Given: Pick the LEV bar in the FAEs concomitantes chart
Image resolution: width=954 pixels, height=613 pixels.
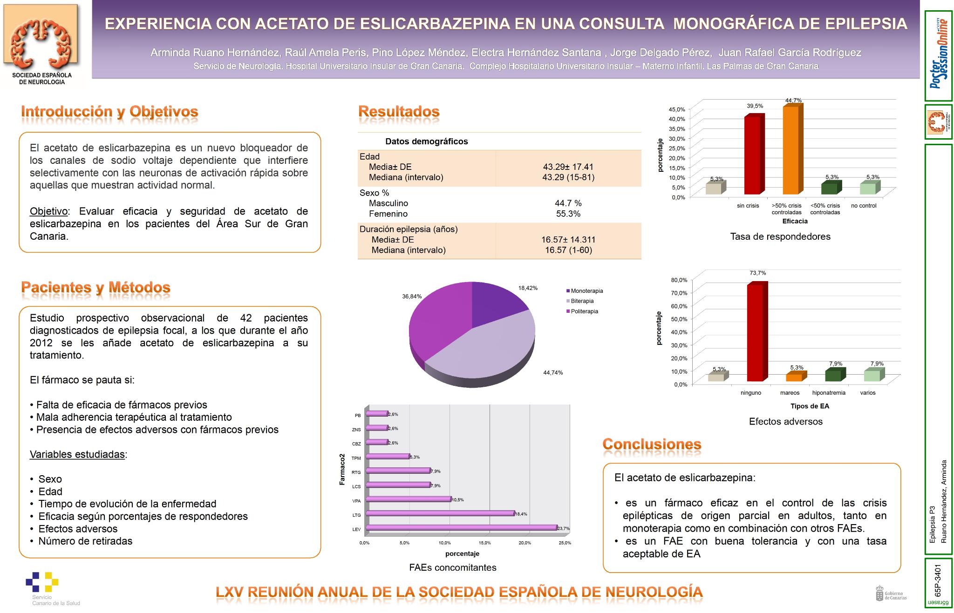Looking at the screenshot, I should pos(461,528).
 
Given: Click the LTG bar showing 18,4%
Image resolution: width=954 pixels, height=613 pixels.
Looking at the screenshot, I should pos(440,513).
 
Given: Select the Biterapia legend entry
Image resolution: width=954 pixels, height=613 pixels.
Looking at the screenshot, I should pos(582,301).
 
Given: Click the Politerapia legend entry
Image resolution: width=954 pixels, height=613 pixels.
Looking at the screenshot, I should pos(584,311).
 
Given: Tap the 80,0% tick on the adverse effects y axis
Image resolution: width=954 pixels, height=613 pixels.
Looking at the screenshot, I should pos(679,280).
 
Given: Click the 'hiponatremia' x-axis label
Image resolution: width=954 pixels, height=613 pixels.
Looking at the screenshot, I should pos(829,393).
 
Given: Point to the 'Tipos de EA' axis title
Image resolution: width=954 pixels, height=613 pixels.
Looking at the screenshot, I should pos(810,406).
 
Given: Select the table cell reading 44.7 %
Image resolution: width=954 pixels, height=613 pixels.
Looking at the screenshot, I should pos(568,203).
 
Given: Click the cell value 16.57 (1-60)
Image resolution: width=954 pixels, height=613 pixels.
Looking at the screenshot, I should pos(568,250).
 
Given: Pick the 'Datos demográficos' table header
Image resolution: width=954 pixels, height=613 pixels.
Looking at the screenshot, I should pos(426,141).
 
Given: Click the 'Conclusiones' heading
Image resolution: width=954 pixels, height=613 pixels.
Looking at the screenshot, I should pos(652,444).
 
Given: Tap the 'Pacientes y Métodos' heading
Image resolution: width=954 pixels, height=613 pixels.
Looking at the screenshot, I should pos(95,287).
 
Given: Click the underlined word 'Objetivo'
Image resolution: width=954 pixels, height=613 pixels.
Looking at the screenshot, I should pos(48,211).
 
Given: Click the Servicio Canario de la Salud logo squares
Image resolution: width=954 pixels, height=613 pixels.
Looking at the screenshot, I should pos(42,582).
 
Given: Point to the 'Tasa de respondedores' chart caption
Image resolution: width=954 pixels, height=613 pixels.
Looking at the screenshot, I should pos(780,236).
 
